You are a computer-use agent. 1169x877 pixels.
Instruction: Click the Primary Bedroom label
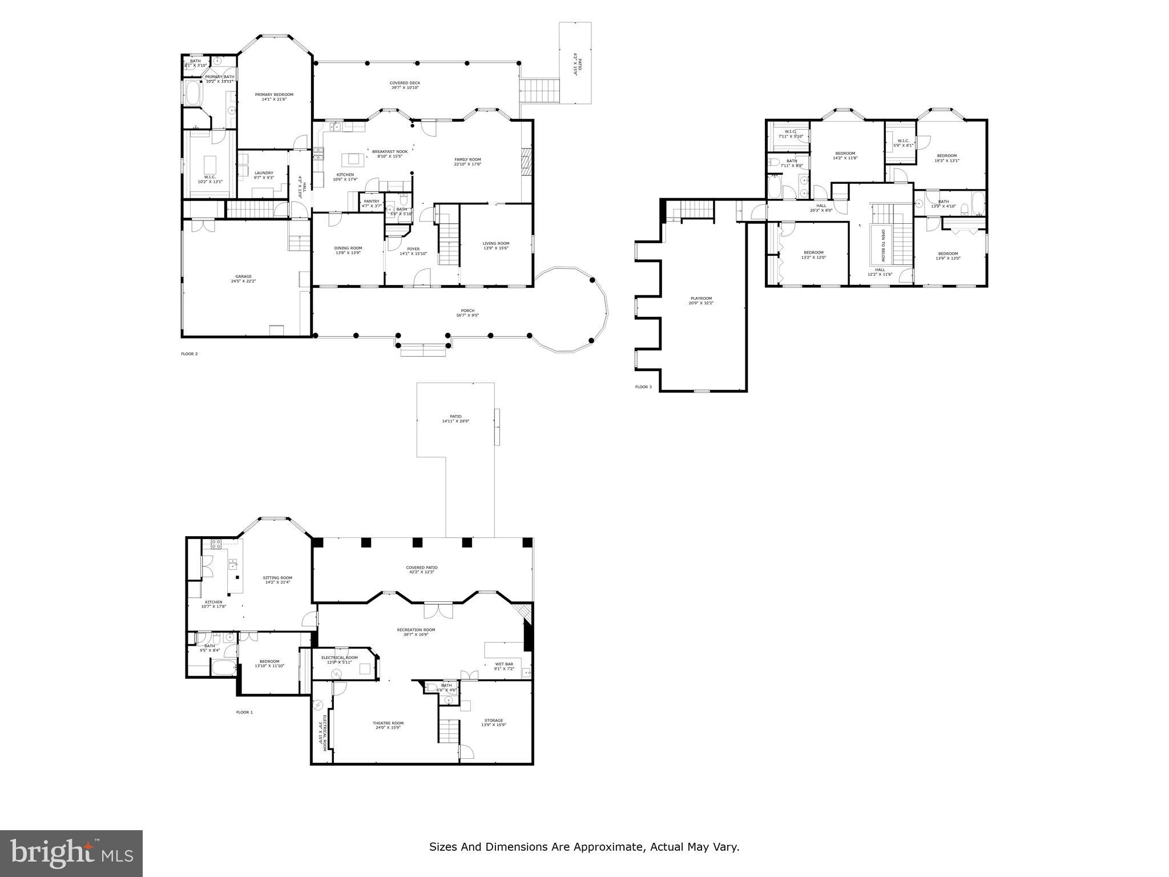pyautogui.click(x=274, y=95)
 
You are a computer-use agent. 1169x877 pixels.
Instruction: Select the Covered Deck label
pyautogui.click(x=405, y=83)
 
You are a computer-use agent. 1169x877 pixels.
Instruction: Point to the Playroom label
pyautogui.click(x=700, y=298)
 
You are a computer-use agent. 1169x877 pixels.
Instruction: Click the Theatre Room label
pyautogui.click(x=388, y=723)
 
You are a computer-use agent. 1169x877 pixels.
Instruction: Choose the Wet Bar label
pyautogui.click(x=503, y=664)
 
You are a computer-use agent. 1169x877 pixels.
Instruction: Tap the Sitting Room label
pyautogui.click(x=277, y=577)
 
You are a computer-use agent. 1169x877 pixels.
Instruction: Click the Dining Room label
pyautogui.click(x=348, y=248)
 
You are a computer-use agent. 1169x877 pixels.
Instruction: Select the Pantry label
pyautogui.click(x=371, y=201)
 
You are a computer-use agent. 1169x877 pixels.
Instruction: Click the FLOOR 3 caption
pyautogui.click(x=643, y=387)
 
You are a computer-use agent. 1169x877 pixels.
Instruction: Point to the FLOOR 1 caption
pyautogui.click(x=244, y=712)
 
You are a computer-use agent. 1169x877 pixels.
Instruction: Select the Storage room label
pyautogui.click(x=494, y=720)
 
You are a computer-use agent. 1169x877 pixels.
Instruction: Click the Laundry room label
pyautogui.click(x=264, y=173)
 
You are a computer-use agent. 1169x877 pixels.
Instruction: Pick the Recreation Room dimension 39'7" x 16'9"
pyautogui.click(x=416, y=634)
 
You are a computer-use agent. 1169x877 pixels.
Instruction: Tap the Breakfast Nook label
pyautogui.click(x=390, y=151)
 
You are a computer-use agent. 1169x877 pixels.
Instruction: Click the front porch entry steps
pyautogui.click(x=423, y=350)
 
